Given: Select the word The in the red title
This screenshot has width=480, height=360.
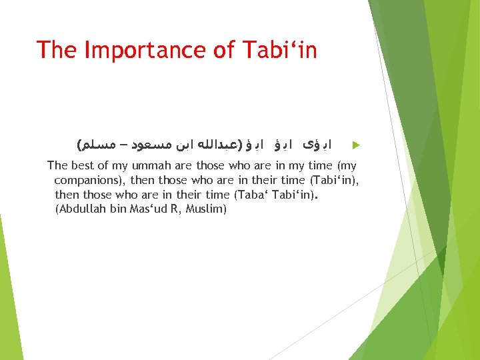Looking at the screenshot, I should [x=56, y=50].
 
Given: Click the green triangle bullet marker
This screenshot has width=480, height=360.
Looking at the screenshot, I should [x=355, y=145].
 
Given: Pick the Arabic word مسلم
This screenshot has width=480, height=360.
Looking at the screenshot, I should [x=97, y=144].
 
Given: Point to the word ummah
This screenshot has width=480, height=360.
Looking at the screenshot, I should [x=150, y=165].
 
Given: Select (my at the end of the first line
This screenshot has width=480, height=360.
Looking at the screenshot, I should [x=347, y=165].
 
